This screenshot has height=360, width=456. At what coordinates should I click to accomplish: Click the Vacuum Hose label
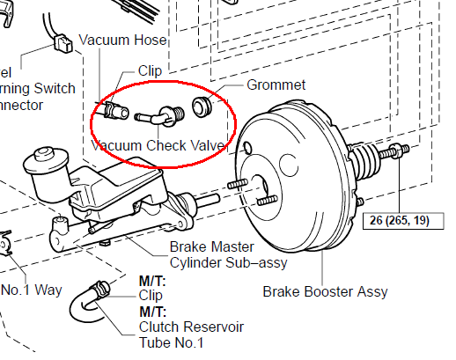[x=122, y=40]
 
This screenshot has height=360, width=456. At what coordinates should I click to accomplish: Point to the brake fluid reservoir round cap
[x=44, y=161]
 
